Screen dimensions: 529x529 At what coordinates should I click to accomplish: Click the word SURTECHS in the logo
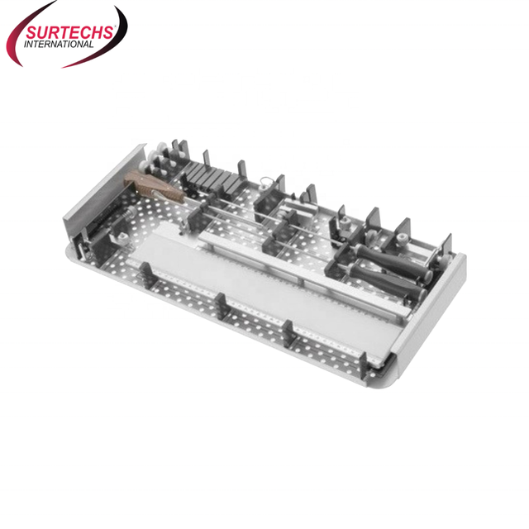click(x=69, y=33)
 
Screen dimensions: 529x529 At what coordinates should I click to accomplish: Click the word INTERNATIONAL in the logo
click(x=59, y=44)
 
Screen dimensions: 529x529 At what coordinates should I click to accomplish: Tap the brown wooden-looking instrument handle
click(x=154, y=187)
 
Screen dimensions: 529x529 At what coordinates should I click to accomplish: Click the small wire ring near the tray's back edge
click(x=264, y=183)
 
